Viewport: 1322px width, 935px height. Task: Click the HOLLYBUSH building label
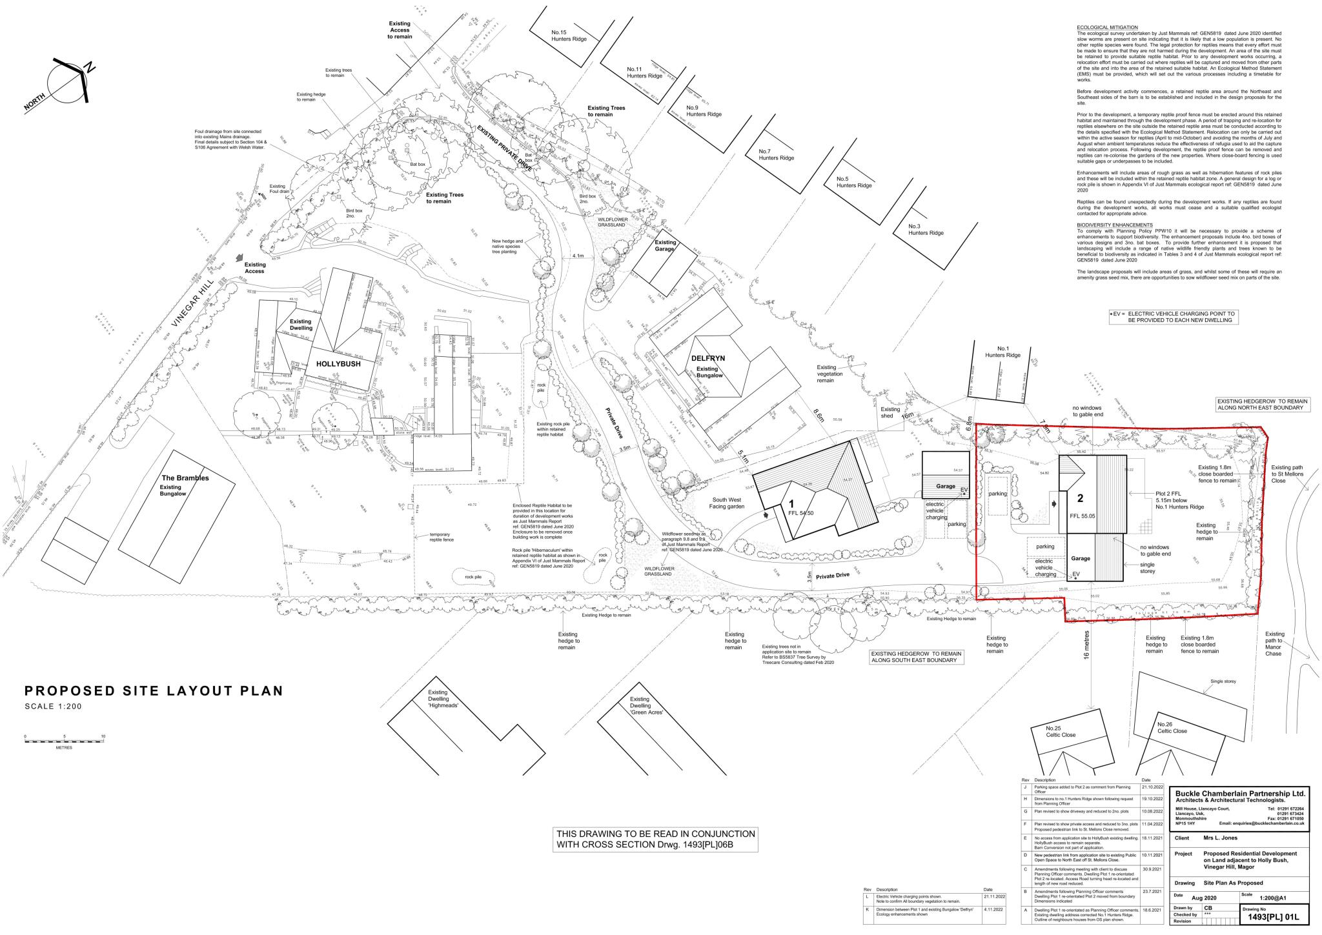click(338, 364)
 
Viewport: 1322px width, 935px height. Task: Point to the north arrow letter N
click(90, 67)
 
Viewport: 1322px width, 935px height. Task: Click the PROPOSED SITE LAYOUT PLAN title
click(154, 691)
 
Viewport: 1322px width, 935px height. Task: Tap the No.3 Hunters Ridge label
click(926, 230)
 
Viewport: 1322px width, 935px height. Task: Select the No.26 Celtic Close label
click(1173, 727)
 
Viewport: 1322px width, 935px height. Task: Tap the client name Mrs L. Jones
click(1221, 838)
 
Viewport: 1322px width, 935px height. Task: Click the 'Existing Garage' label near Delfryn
click(664, 245)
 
